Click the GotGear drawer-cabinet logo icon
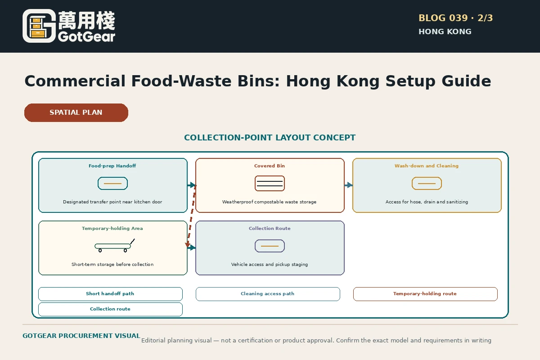39,26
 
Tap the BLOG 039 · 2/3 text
455,18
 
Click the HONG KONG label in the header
445,31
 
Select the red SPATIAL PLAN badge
76,112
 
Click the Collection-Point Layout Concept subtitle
270,138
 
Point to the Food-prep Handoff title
112,166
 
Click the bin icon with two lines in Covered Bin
270,184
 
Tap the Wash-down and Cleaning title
427,166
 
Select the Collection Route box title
270,228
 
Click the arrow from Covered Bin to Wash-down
349,185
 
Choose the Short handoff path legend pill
110,294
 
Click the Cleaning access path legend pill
268,294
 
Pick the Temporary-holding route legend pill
425,294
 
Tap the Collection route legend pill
110,309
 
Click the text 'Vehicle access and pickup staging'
270,265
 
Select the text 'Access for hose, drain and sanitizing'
427,202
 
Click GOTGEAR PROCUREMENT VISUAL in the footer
81,336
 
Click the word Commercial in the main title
75,81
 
